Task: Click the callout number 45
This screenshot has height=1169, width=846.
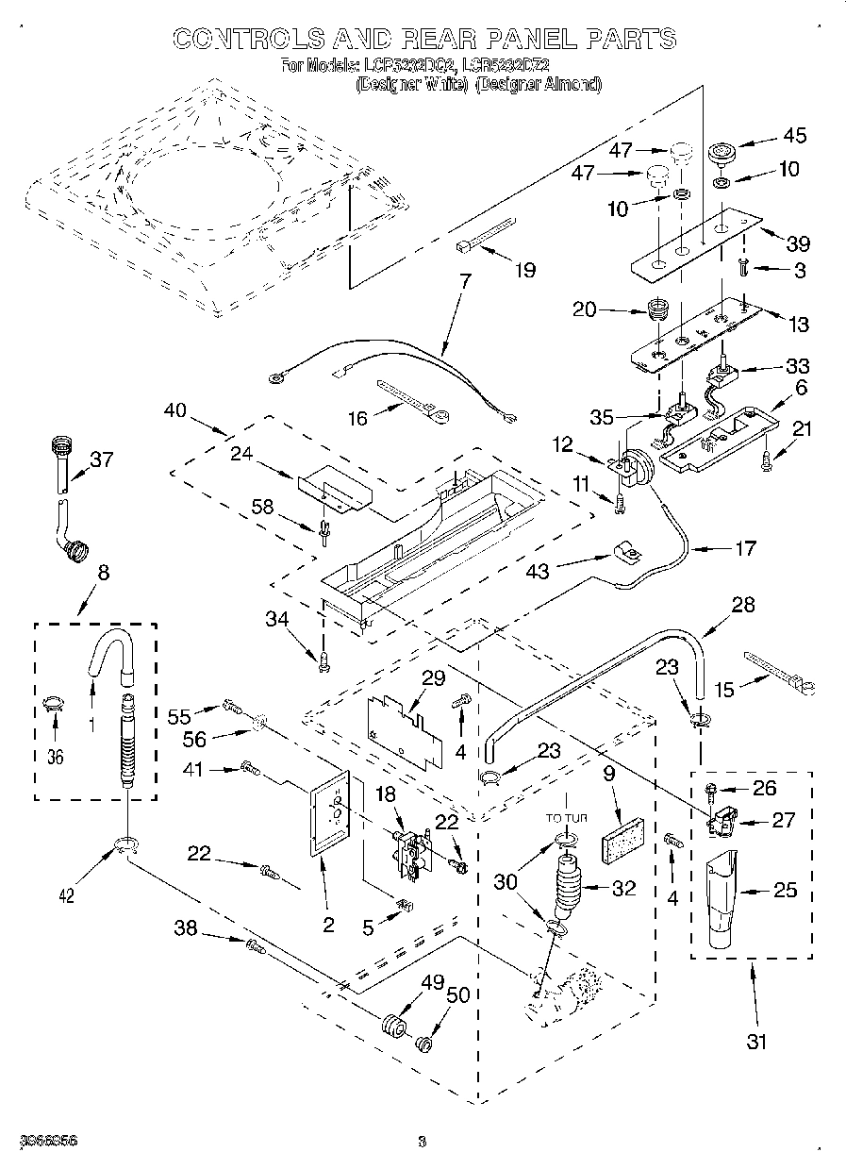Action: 795,136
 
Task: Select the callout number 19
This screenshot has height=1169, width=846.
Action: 524,271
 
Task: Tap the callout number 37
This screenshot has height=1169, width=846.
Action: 102,459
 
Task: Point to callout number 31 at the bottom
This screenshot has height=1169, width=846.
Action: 755,1042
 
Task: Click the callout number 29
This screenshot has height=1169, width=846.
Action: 434,677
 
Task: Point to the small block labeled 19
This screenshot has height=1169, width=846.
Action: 486,235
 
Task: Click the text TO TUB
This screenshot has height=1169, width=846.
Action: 566,818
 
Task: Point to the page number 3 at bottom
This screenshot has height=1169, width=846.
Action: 423,1142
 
